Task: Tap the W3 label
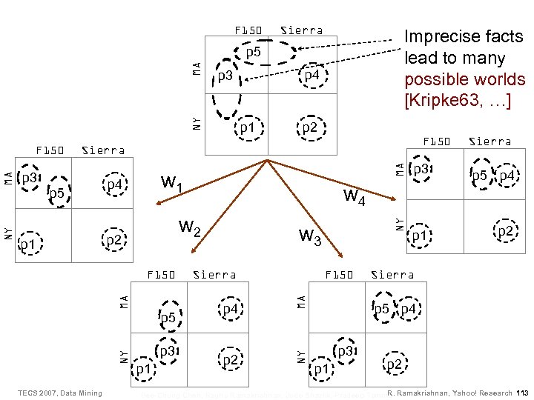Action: (x=310, y=237)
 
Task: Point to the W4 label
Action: (x=354, y=197)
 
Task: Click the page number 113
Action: (x=521, y=393)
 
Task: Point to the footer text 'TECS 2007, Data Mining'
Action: (x=60, y=393)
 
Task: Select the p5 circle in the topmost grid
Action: (x=253, y=53)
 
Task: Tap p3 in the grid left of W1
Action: (x=30, y=178)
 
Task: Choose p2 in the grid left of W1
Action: (x=113, y=240)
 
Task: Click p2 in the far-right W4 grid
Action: (x=505, y=232)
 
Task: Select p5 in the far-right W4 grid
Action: (x=479, y=176)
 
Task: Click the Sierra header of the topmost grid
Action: (x=301, y=30)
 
